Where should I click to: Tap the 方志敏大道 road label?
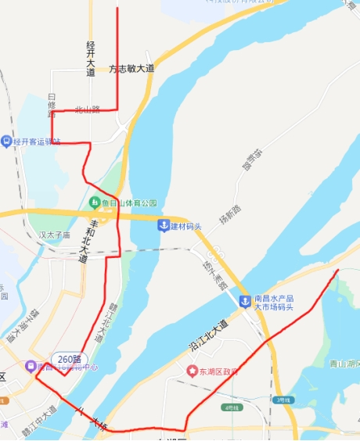click(131, 69)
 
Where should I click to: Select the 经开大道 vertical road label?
click(91, 58)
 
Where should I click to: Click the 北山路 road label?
click(88, 109)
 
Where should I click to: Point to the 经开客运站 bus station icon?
click(7, 142)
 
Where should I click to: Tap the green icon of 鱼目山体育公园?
click(94, 203)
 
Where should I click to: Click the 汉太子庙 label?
click(55, 234)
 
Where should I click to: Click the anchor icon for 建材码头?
click(164, 226)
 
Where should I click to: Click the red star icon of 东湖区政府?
click(192, 370)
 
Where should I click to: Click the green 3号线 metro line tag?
click(283, 400)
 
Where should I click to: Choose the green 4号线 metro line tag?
click(232, 407)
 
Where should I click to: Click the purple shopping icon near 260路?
click(29, 366)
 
